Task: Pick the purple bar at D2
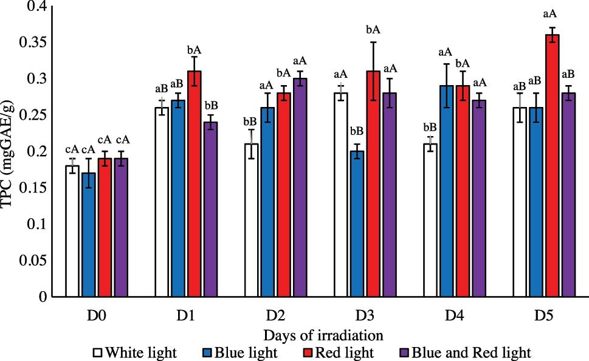click(x=300, y=188)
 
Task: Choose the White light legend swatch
click(x=98, y=352)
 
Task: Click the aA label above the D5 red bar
click(x=552, y=13)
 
